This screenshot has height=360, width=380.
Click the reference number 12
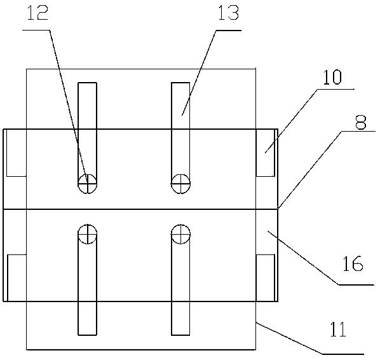37,13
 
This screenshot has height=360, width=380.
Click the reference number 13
229,13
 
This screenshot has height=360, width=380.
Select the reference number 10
332,78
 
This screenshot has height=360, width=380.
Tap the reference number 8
360,123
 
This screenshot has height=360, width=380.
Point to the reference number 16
353,263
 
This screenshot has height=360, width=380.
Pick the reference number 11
338,329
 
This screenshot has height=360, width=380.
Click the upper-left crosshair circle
87,184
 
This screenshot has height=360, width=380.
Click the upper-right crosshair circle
180,184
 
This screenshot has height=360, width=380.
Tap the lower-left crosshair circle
87,234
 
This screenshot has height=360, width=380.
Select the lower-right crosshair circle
180,234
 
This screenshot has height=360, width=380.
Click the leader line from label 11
310,338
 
